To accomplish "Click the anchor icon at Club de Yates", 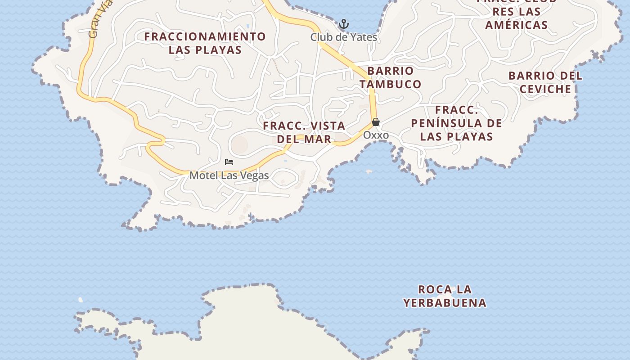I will [x=344, y=24].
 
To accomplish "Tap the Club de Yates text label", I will [x=343, y=37].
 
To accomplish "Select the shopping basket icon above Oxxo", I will [x=376, y=122].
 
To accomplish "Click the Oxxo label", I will [x=376, y=135].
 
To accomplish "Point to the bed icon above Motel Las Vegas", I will [x=229, y=162].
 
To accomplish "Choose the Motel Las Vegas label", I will [x=229, y=175].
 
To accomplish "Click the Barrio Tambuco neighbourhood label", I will [x=390, y=77].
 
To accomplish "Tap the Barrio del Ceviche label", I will [x=545, y=82].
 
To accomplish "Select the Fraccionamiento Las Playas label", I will [x=205, y=43].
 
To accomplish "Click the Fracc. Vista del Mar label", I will [x=304, y=132].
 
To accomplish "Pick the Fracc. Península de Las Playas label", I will [x=456, y=123].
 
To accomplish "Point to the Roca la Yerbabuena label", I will [x=445, y=296].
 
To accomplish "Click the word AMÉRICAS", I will [x=516, y=25].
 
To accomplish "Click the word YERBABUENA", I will [x=445, y=303].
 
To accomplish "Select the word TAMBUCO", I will [x=390, y=84].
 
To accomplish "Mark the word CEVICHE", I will [x=545, y=89].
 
